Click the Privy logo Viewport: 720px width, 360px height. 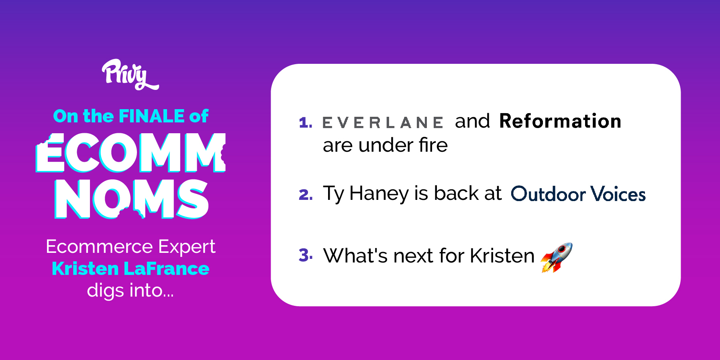click(x=130, y=75)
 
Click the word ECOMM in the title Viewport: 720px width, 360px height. click(x=131, y=153)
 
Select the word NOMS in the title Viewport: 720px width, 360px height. click(x=131, y=199)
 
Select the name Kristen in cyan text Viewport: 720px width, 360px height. click(x=85, y=268)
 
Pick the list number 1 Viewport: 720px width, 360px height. click(x=305, y=122)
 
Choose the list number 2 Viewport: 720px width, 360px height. click(x=306, y=195)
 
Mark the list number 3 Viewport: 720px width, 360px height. click(x=306, y=255)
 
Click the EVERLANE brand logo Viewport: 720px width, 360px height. click(x=383, y=122)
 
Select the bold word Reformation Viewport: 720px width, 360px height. click(x=560, y=121)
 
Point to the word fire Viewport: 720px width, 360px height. click(x=433, y=145)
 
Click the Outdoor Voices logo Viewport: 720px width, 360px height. click(x=578, y=194)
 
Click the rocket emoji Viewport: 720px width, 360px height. click(x=557, y=257)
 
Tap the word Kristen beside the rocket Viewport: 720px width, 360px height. click(x=502, y=256)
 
